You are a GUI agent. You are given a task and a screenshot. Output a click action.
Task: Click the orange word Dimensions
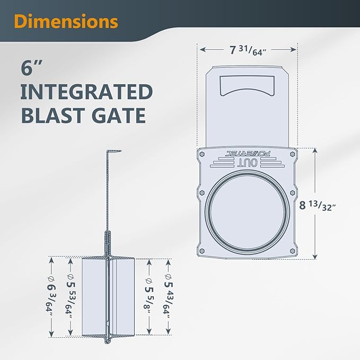(66, 21)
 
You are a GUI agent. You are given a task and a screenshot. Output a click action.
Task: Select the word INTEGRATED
(87, 92)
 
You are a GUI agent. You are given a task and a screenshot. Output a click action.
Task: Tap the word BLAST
(52, 116)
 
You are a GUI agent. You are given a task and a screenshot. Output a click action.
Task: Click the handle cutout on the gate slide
(248, 85)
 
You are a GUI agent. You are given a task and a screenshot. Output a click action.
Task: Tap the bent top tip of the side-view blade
(114, 152)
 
